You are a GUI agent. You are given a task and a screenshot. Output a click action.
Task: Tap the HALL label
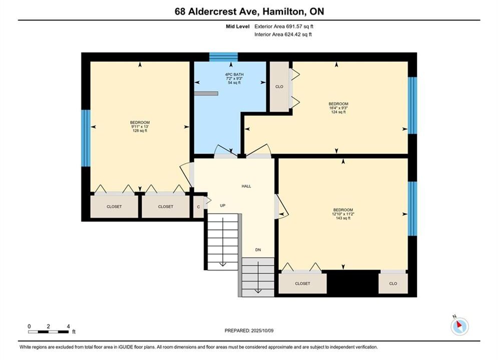click(x=246, y=186)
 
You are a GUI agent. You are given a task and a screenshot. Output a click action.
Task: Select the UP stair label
click(x=223, y=205)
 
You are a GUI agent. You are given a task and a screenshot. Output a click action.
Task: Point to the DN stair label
click(x=258, y=250)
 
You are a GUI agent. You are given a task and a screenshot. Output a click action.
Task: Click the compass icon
click(x=459, y=325)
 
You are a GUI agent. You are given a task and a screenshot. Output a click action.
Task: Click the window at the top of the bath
click(x=223, y=57)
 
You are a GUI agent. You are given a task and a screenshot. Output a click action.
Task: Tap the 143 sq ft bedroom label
click(x=343, y=214)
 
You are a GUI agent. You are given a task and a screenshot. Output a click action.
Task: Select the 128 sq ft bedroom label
click(x=140, y=126)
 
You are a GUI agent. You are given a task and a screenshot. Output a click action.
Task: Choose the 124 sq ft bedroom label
click(x=338, y=108)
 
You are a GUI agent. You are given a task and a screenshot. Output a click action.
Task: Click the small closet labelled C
click(x=199, y=207)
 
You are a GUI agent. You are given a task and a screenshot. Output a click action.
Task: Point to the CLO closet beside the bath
click(x=279, y=86)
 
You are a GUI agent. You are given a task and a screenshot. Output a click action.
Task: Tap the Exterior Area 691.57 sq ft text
click(x=284, y=26)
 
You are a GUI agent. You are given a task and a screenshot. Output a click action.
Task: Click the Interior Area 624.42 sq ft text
click(x=283, y=34)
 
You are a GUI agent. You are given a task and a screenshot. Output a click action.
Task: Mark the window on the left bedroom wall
click(x=86, y=138)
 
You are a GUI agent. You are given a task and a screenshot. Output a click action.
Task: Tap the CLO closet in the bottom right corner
click(x=393, y=283)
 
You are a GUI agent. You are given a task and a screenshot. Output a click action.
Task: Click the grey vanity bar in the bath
click(x=206, y=93)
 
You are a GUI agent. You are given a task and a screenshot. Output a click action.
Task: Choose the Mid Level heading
click(x=238, y=26)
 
